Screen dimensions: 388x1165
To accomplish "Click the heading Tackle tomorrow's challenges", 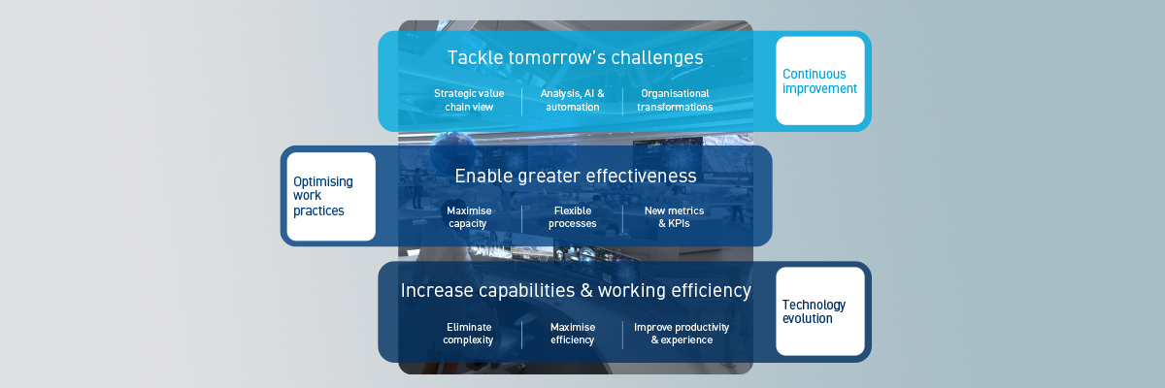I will point(575,58).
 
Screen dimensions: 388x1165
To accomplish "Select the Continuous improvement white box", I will point(819,81).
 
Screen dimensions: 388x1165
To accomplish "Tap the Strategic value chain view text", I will point(469,100).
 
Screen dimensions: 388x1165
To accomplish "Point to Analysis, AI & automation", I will point(572,100).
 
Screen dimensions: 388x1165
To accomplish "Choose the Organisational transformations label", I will point(675,100).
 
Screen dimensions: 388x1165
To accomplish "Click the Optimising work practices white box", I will point(330,196).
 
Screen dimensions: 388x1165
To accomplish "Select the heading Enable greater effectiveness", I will point(575,177).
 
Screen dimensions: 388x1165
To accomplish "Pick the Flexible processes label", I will point(572,216).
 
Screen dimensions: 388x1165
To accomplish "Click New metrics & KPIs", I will point(674,216).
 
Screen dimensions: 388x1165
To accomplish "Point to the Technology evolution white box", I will point(819,311).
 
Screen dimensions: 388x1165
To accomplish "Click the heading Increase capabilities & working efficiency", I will point(576,291).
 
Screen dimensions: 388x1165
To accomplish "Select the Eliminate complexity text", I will point(468,334).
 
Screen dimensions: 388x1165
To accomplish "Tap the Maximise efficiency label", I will point(572,334).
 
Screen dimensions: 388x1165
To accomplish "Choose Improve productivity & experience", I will point(681,334).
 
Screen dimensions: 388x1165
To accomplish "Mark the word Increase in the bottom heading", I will point(434,291).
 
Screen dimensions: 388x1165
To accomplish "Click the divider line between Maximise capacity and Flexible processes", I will point(521,217).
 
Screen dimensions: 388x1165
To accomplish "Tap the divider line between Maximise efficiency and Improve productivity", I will point(622,335).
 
